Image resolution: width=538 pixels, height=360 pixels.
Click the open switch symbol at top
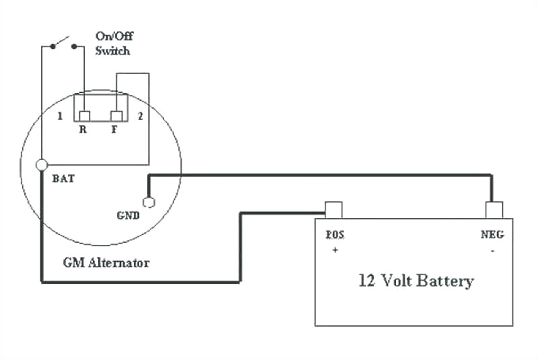(63, 44)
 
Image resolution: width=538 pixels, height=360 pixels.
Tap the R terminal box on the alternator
(84, 116)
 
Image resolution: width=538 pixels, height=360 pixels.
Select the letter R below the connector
(83, 131)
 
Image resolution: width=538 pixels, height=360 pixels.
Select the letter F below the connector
(114, 131)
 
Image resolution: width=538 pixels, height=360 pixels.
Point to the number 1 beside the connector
(60, 116)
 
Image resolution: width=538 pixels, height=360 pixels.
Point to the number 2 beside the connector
(140, 116)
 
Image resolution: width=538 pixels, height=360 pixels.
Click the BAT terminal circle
(42, 165)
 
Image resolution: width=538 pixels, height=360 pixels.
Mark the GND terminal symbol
(149, 202)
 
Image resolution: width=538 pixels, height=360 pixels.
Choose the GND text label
(128, 216)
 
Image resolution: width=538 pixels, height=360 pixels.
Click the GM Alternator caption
(106, 262)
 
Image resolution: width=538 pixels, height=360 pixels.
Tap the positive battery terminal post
(333, 210)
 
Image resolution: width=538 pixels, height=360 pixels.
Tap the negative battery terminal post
(494, 210)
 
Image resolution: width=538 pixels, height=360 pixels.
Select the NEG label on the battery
(493, 235)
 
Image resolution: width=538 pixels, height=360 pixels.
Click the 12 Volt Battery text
(416, 281)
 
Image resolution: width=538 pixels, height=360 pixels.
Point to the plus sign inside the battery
(334, 249)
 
